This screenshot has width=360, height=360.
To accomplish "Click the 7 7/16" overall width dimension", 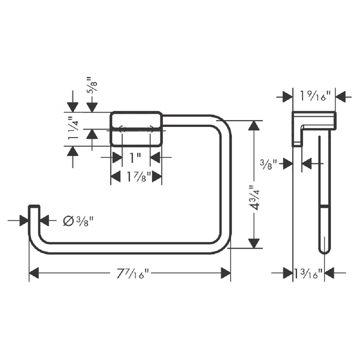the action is (x=133, y=274).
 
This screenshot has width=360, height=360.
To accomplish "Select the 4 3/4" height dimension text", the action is (x=255, y=198).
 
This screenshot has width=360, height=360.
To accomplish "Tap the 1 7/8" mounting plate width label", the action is (x=139, y=177).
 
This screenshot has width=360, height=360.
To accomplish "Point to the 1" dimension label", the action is (x=135, y=158).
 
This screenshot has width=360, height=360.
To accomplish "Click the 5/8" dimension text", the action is (x=93, y=85).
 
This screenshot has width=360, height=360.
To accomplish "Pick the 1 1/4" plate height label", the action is (x=74, y=128).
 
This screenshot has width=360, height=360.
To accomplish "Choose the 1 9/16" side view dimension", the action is (x=315, y=96).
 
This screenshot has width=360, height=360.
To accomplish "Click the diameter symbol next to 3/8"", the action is (x=68, y=221).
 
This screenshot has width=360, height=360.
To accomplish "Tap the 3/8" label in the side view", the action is (x=268, y=165).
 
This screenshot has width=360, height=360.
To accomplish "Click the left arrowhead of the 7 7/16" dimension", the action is (x=34, y=273).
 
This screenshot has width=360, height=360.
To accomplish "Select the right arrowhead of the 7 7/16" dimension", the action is (x=226, y=273).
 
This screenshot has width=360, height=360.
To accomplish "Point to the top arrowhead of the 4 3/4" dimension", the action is (x=254, y=125).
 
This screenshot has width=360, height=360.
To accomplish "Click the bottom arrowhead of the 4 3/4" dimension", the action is (x=254, y=243).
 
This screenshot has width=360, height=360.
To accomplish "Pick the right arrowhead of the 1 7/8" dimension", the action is (x=157, y=177).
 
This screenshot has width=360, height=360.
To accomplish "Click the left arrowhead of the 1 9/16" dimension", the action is (x=287, y=97).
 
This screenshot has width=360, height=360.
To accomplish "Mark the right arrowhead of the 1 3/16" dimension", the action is (x=330, y=273).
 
